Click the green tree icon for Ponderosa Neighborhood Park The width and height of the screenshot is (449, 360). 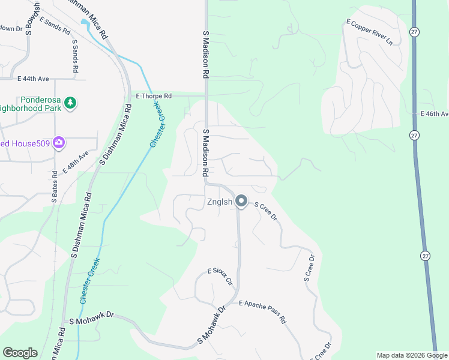tap(71, 103)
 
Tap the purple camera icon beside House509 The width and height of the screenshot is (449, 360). tap(59, 143)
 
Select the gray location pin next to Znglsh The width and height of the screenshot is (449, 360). tap(241, 202)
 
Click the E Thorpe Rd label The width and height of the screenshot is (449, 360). tap(154, 96)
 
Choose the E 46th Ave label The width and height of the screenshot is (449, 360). tap(433, 114)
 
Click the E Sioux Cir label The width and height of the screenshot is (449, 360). tap(220, 278)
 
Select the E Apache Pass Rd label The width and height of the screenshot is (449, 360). tap(263, 312)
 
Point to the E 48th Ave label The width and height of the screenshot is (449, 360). tap(74, 162)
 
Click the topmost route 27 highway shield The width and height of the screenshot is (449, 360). tap(414, 32)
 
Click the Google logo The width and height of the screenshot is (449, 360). tap(20, 353)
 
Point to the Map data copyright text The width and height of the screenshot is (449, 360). tap(411, 355)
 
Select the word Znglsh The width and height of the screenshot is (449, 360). tap(220, 202)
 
